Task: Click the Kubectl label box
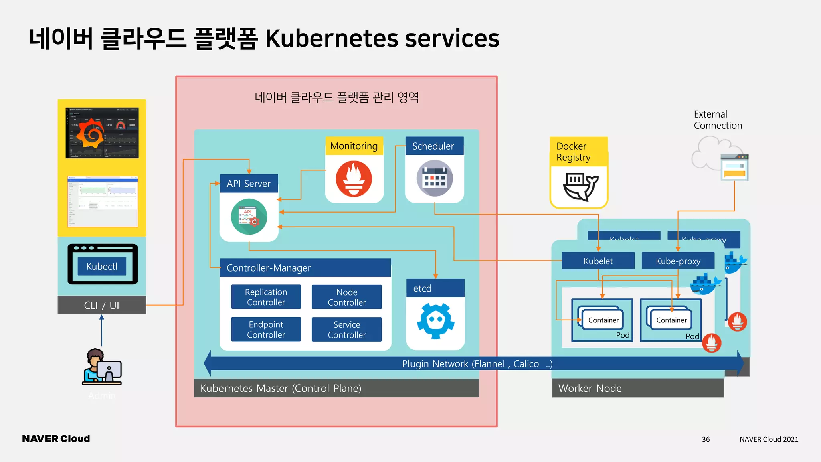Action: point(102,266)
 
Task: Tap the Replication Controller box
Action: point(266,297)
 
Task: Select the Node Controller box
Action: point(347,297)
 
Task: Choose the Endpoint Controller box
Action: point(266,329)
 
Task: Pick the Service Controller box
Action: point(347,329)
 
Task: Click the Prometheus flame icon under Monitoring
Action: point(354,179)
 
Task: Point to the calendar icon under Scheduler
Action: point(435,178)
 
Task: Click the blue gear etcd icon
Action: point(435,321)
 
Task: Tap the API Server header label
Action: point(249,184)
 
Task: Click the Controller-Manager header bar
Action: point(305,268)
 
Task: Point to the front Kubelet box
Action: point(598,261)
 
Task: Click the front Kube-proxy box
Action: point(678,261)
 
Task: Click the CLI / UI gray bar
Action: point(102,305)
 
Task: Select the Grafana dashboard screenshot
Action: point(102,133)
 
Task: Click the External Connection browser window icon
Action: point(734,168)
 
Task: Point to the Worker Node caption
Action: point(590,388)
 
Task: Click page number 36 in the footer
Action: point(706,439)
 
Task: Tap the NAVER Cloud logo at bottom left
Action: point(56,439)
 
